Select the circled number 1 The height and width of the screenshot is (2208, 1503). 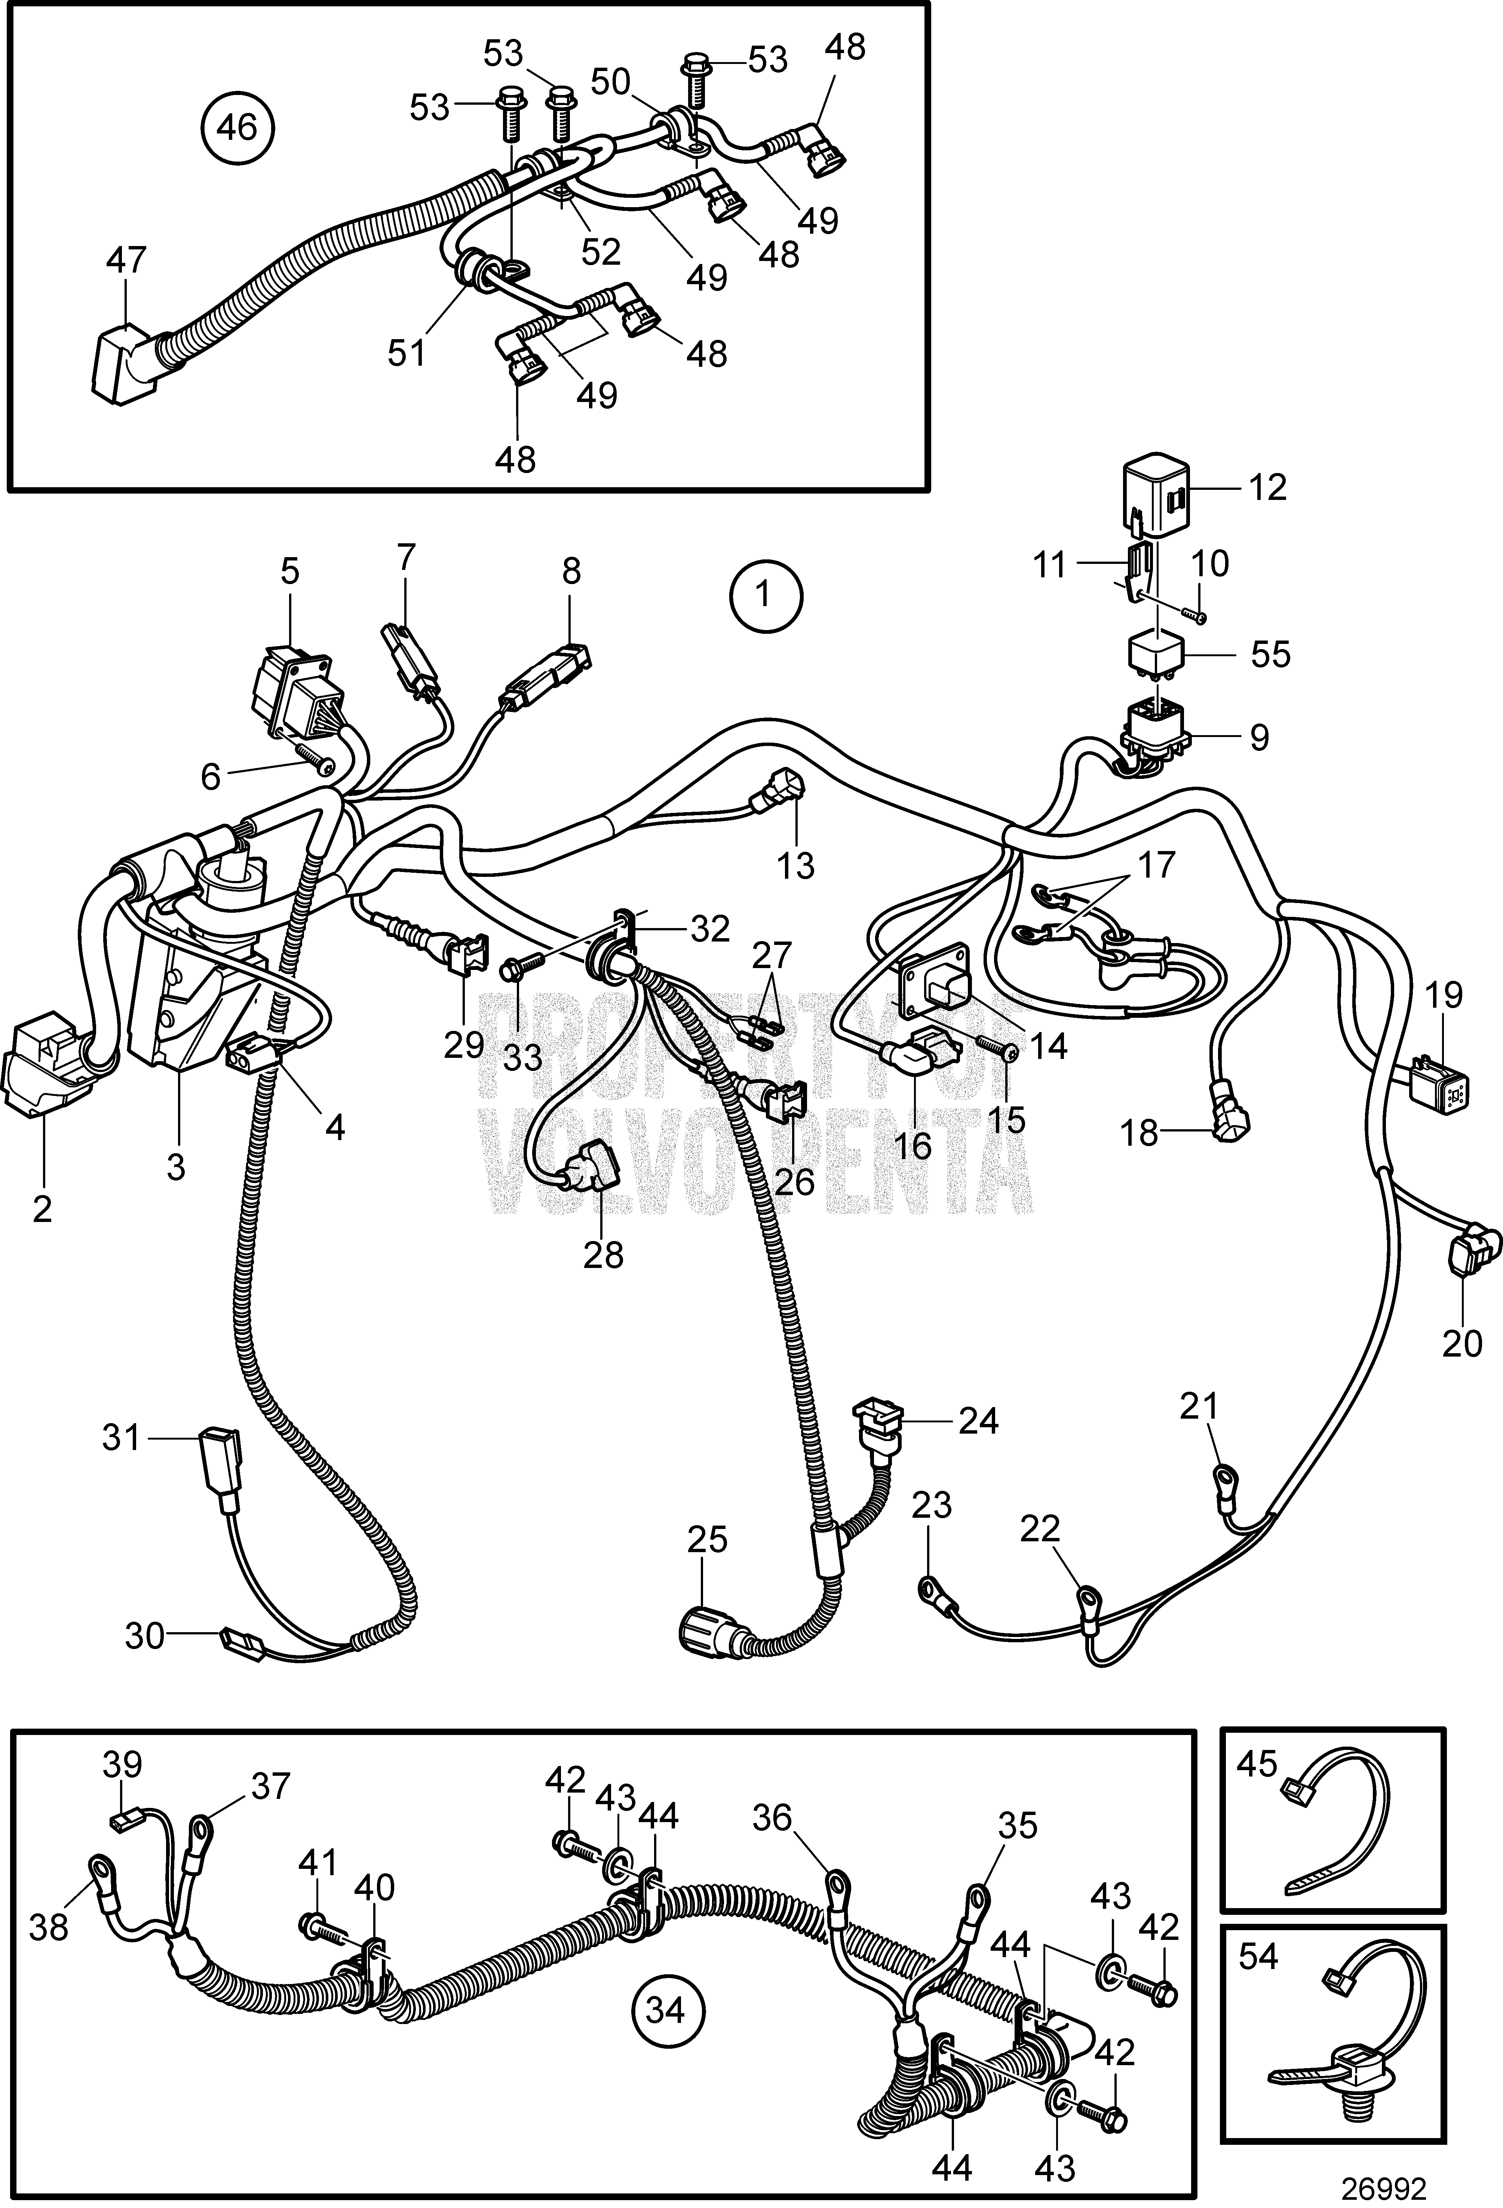(x=765, y=597)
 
